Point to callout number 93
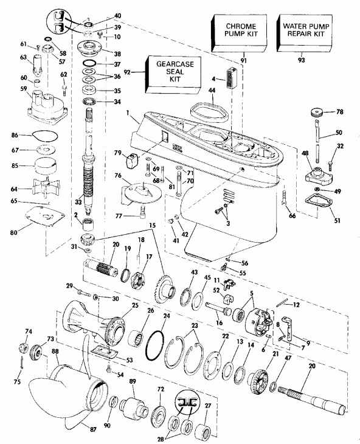(302, 60)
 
